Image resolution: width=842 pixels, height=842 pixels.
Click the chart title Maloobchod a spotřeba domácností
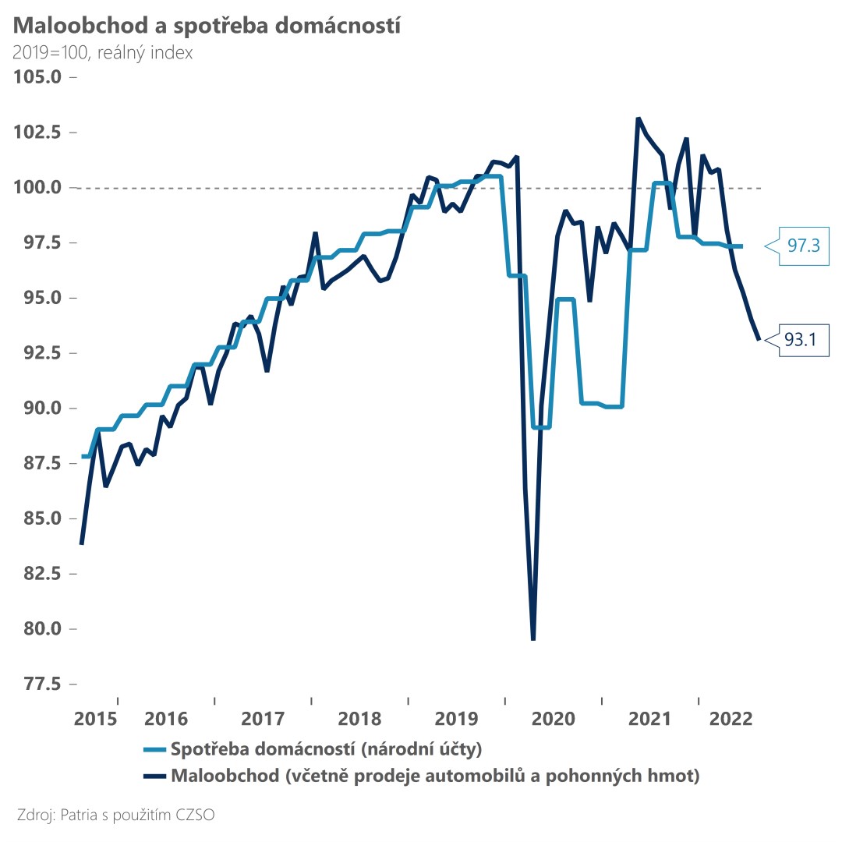tap(207, 26)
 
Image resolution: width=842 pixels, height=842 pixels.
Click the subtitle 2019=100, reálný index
tap(103, 54)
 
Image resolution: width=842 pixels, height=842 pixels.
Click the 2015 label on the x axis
tap(96, 718)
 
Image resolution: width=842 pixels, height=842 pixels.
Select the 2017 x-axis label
tap(263, 718)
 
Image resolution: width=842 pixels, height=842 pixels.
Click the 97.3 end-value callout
tap(801, 246)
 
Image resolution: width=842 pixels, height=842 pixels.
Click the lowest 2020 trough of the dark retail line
tap(533, 639)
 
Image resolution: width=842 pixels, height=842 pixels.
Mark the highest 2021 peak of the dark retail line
tap(638, 119)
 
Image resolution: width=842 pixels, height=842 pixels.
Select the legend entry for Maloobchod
tap(435, 776)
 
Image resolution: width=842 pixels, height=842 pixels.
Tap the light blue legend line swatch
tap(155, 751)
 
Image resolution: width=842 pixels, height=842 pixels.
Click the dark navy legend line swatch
tap(155, 777)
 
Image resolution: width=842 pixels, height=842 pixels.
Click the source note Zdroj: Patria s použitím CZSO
tap(115, 815)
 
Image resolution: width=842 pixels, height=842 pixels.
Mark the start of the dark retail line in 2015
tap(81, 544)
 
